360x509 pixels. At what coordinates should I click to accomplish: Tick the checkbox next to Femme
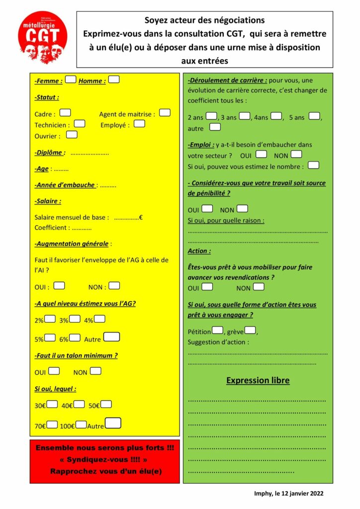coord(71,80)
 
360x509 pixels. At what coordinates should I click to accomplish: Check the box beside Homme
coord(114,80)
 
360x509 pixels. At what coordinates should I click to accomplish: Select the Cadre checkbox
coord(65,113)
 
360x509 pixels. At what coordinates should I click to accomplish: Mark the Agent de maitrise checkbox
coord(165,113)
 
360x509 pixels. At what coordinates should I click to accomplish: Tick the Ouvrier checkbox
coord(72,135)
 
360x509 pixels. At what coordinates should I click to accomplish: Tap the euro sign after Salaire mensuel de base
coord(141,217)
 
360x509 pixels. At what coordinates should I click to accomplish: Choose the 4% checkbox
coord(99,319)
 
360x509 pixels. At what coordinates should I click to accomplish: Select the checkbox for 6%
coord(75,338)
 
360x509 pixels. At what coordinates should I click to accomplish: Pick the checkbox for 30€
coord(52,404)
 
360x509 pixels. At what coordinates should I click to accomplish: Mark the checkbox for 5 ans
coord(314,116)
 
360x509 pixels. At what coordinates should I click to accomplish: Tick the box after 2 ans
coord(211,116)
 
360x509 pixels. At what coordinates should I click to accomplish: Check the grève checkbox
coord(250,330)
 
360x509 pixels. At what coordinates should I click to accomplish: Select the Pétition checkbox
coord(217,330)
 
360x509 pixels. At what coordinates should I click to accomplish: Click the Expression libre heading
coord(258,380)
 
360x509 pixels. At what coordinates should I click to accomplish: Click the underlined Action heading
coord(199,251)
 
